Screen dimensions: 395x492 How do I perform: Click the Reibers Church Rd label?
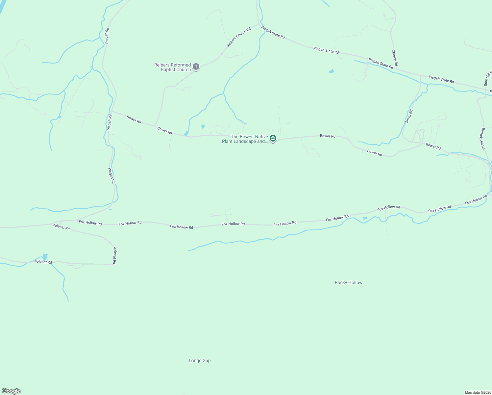[239, 37]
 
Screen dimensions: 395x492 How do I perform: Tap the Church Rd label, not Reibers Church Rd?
[395, 58]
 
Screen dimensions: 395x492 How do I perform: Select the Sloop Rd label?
[409, 116]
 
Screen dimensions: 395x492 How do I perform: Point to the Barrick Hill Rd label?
[483, 139]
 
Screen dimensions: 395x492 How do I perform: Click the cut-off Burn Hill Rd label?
[488, 78]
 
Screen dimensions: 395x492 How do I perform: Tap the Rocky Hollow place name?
[349, 282]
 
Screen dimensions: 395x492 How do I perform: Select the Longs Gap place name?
[200, 360]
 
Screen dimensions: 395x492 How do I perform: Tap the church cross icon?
[196, 67]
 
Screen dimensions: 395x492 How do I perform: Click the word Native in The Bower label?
[261, 137]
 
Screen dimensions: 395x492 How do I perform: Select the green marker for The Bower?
[273, 139]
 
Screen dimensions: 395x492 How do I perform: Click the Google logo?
[11, 391]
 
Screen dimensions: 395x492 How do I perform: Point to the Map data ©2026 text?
[478, 392]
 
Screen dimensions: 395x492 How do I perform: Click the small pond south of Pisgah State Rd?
[332, 71]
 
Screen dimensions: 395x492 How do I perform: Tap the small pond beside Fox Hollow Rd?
[365, 218]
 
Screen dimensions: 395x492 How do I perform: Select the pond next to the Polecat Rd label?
[45, 257]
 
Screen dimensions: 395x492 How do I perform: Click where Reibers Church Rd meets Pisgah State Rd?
[259, 25]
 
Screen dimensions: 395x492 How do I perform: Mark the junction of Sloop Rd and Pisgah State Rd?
[421, 76]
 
